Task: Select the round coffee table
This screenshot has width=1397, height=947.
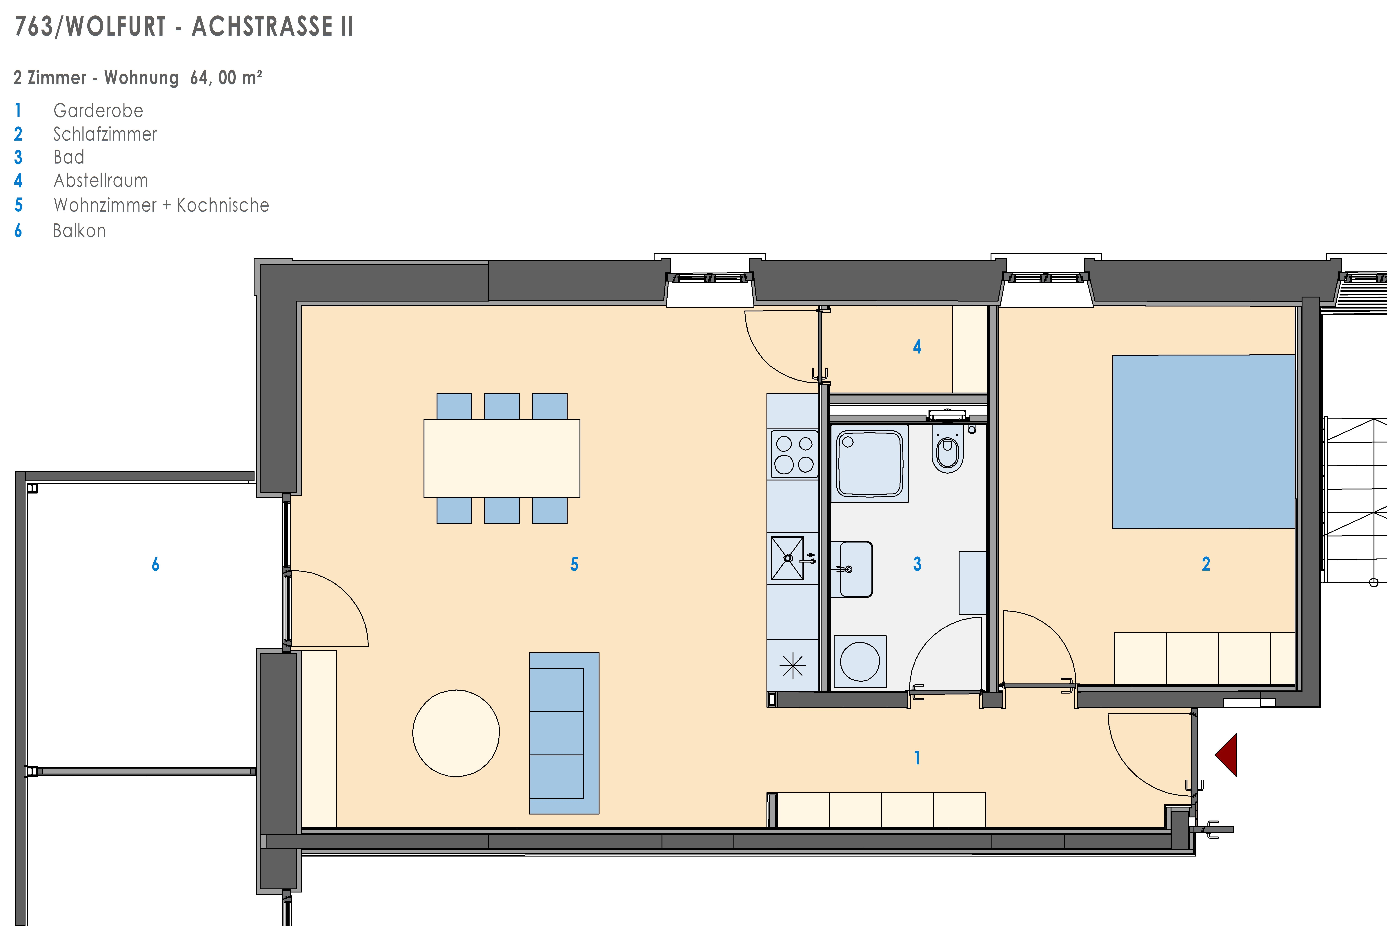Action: pyautogui.click(x=456, y=733)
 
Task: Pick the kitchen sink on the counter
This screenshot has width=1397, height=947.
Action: pyautogui.click(x=787, y=559)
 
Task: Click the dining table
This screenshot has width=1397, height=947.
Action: pyautogui.click(x=502, y=458)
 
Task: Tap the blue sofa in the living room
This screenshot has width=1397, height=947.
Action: pyautogui.click(x=564, y=733)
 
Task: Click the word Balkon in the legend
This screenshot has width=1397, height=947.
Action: pyautogui.click(x=79, y=231)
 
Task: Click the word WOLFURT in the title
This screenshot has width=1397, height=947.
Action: pyautogui.click(x=115, y=26)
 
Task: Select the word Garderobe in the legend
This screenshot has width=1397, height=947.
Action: pyautogui.click(x=98, y=111)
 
